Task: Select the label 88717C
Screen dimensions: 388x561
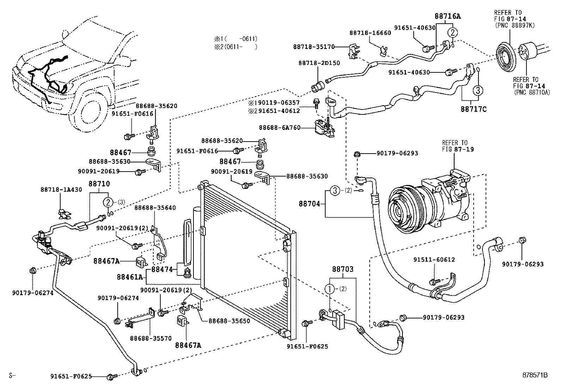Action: tap(473, 109)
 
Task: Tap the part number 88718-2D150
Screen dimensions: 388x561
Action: tap(319, 63)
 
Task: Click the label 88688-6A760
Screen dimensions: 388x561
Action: tap(279, 128)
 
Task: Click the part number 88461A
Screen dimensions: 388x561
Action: tap(130, 277)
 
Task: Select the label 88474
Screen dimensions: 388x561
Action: tap(162, 269)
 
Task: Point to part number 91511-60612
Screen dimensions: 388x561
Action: tap(434, 260)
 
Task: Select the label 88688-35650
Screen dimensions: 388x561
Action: tap(229, 321)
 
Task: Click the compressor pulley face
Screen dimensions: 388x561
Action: tap(400, 211)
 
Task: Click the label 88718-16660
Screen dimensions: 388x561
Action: tap(370, 33)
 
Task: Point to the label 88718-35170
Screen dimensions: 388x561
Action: tap(314, 47)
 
